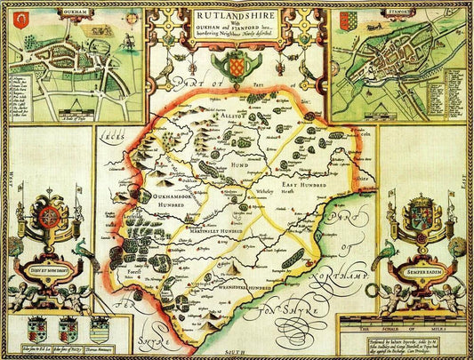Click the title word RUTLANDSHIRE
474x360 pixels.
pos(236,14)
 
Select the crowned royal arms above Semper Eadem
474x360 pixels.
pos(420,218)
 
